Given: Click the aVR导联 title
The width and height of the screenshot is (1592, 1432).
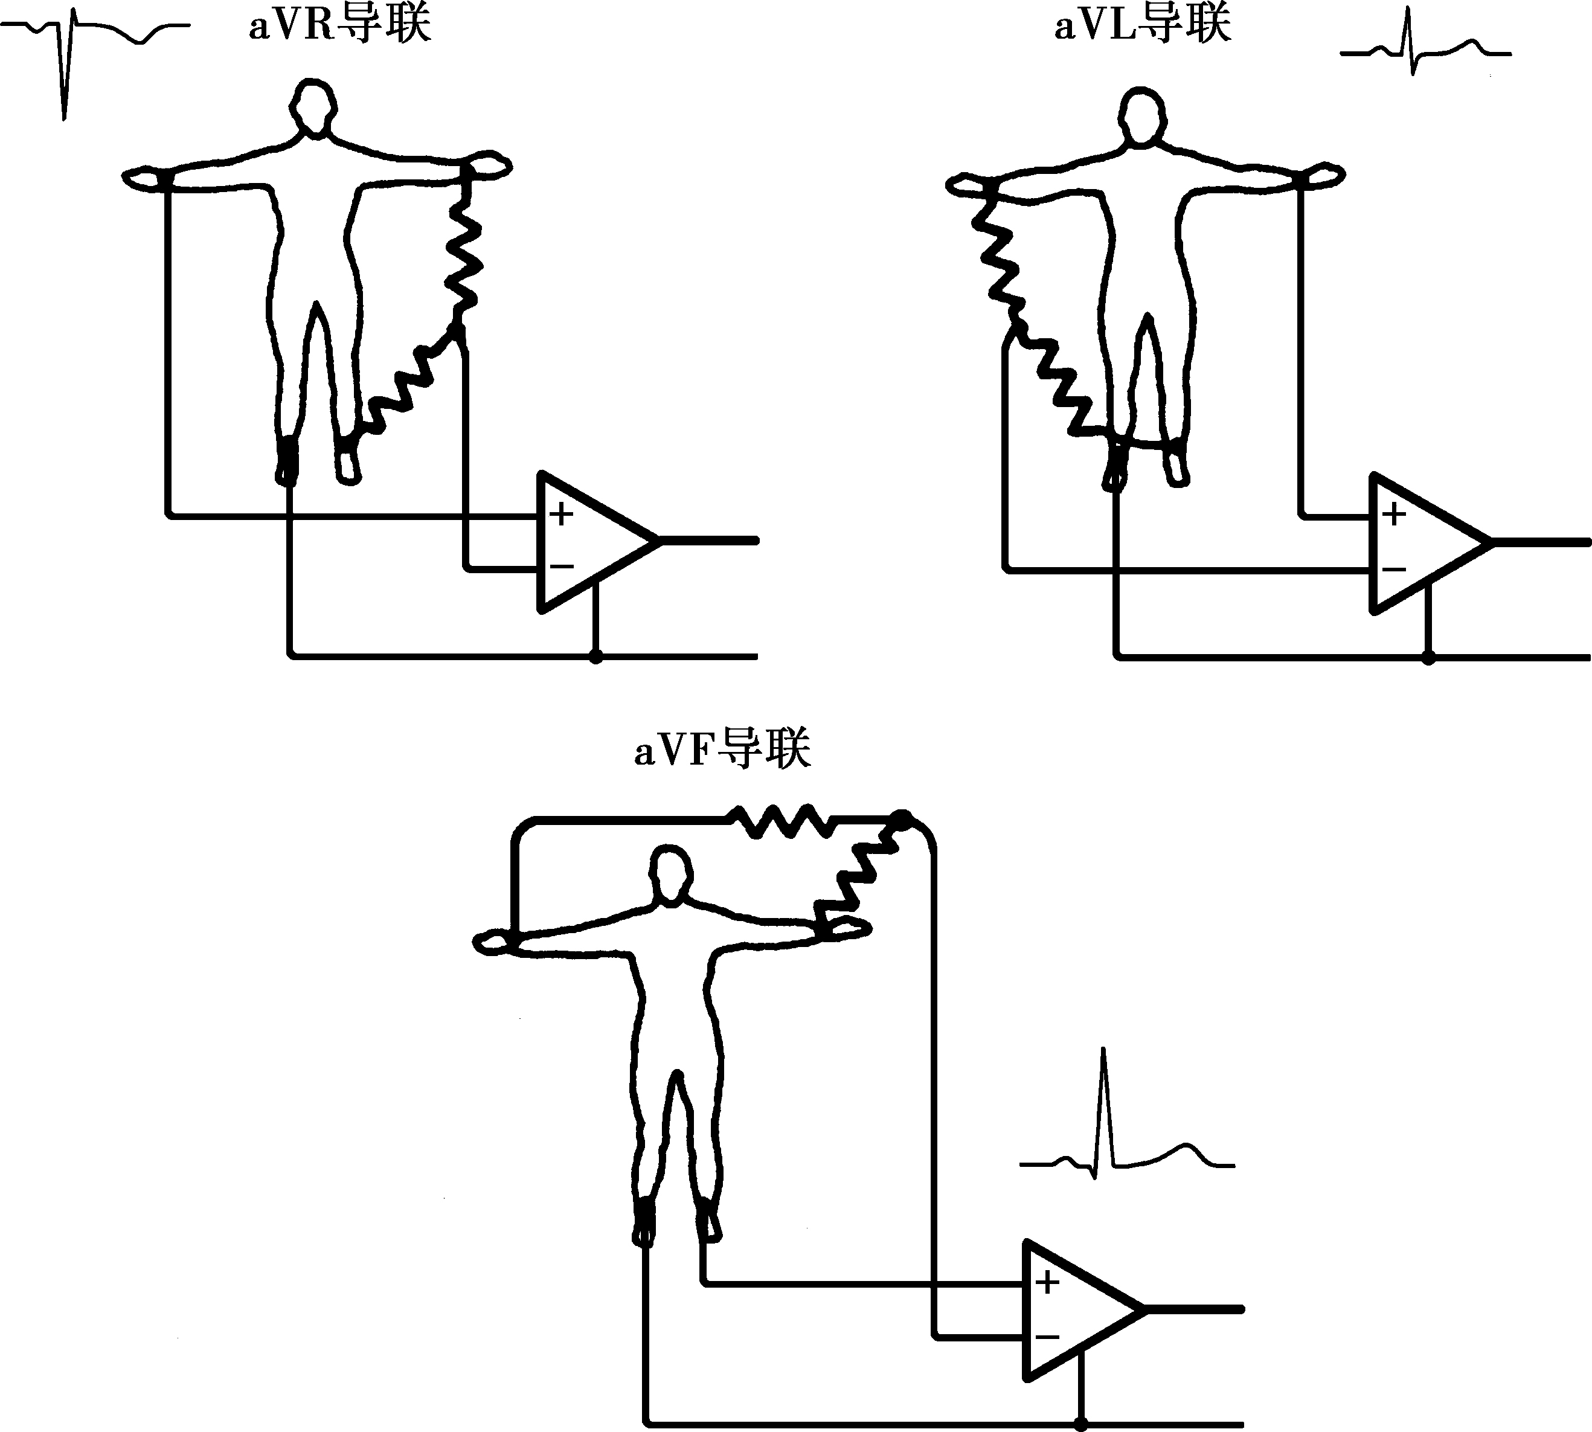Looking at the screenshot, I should coord(339,25).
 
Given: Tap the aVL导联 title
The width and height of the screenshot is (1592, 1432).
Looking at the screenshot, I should coord(1142,25).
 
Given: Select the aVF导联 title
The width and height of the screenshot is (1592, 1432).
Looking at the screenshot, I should coord(722,749).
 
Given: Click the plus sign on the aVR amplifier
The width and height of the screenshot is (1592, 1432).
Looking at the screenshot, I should coord(561,515).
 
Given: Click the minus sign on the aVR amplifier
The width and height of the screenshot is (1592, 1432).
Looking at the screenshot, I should coord(561,567).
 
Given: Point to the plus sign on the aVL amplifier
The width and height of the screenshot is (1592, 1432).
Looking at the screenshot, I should coord(1394,515).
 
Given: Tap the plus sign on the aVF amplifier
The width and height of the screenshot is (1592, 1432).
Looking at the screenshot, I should coord(1047,1282).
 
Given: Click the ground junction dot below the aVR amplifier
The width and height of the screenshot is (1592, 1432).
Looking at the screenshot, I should coord(595,656).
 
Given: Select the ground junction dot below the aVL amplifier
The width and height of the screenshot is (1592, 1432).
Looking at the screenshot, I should coord(1428,658).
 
